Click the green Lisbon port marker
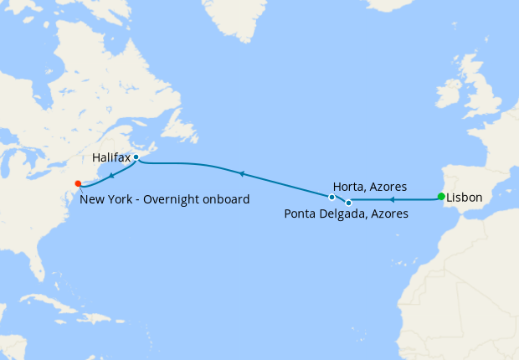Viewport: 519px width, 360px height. point(441,197)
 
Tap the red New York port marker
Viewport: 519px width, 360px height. point(78,183)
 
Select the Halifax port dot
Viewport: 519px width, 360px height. point(136,157)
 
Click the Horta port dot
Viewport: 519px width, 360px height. point(332,197)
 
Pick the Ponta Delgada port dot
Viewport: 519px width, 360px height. point(348,203)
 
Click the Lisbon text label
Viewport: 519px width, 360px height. point(465,198)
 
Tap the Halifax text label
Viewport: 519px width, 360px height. point(110,157)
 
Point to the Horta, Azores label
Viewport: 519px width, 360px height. point(370,187)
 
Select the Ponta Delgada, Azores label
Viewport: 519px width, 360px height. point(346,214)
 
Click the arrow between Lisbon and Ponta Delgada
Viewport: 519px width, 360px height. point(392,200)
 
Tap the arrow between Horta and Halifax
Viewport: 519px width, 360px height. point(241,173)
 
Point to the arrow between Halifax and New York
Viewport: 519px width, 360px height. point(111,172)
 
